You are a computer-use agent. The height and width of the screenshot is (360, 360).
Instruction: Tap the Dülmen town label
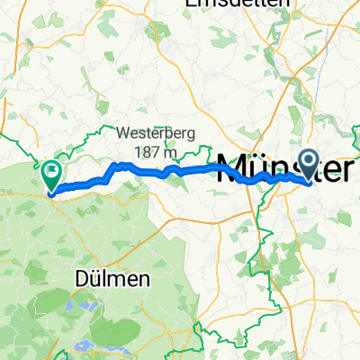[106, 280]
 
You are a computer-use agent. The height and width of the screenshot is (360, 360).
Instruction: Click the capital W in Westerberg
[123, 132]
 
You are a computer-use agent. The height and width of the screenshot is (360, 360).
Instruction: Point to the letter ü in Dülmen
[91, 280]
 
